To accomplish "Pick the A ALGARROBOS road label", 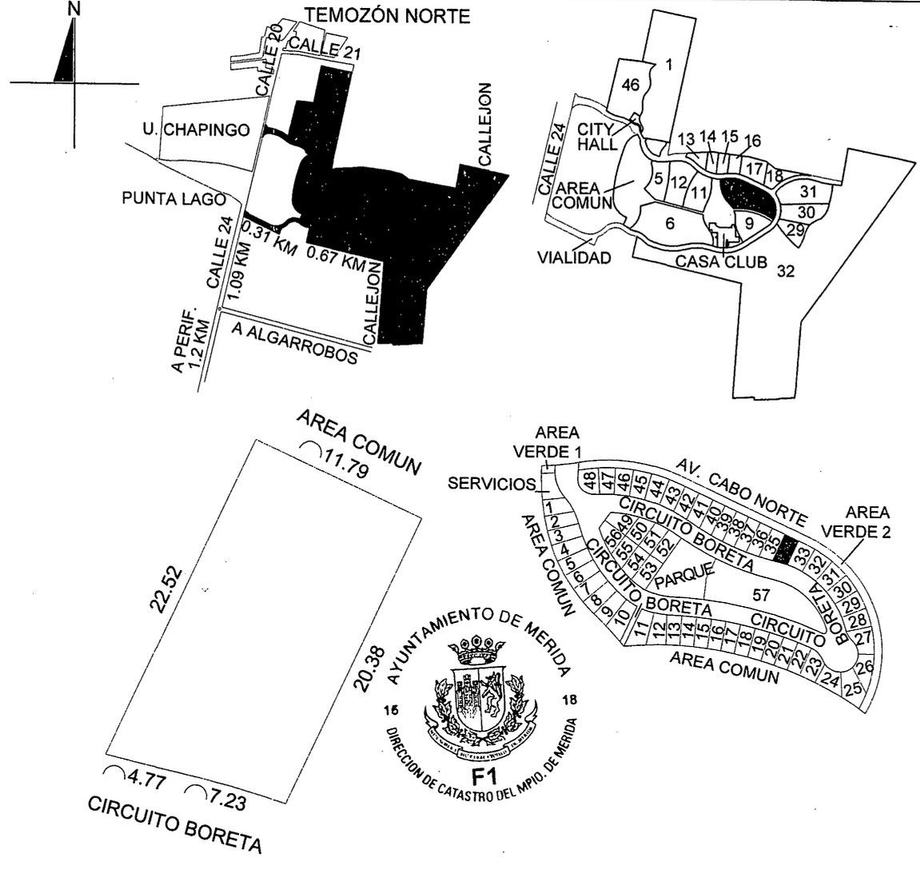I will tap(293, 341).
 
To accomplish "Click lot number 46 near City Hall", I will tap(631, 86).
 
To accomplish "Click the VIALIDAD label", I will tap(573, 257).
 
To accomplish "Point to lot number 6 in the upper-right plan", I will tap(670, 223).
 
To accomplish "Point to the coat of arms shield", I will tap(480, 694).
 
